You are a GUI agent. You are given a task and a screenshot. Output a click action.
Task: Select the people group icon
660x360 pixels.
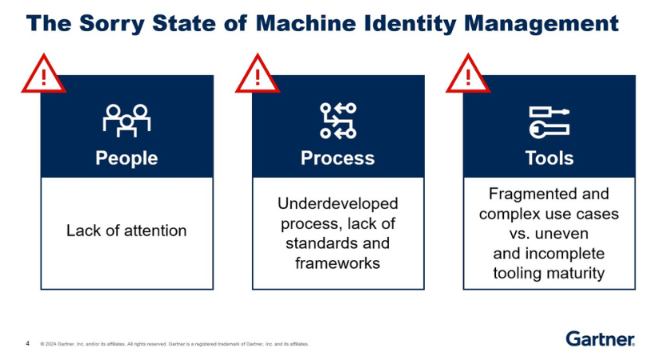point(126,120)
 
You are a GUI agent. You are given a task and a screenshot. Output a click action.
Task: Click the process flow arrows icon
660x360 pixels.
point(338,121)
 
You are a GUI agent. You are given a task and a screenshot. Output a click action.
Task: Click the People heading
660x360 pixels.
point(126,158)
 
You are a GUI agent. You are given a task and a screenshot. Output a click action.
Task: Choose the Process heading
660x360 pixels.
point(338,158)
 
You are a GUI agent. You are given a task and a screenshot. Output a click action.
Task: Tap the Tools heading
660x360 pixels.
point(549,158)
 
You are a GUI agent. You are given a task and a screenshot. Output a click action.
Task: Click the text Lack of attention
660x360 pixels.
point(126,230)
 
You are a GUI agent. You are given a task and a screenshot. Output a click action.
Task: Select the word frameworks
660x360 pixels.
point(338,262)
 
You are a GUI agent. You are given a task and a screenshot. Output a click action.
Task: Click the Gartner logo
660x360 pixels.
point(600,338)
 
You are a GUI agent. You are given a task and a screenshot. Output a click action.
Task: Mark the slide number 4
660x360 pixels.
point(28,343)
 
